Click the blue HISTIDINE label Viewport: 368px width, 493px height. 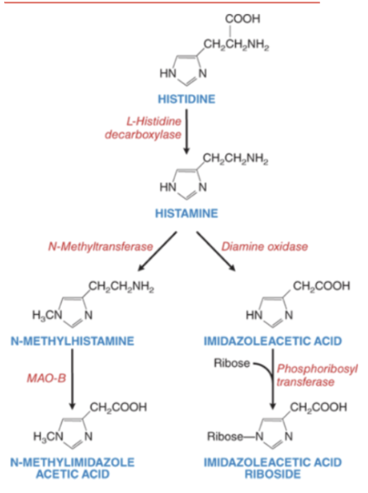186,99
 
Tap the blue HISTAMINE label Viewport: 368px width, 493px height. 186,214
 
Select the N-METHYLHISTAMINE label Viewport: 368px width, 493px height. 73,341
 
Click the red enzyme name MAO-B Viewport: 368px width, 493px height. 46,378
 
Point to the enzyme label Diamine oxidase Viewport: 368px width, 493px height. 264,246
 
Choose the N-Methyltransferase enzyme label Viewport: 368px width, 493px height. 101,246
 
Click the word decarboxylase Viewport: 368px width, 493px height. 144,134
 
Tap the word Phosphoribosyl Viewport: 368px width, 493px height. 317,369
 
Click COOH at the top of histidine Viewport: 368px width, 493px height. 243,19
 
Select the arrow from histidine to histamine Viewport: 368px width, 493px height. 186,131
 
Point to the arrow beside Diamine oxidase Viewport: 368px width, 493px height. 215,251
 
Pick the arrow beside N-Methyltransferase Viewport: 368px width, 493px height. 158,251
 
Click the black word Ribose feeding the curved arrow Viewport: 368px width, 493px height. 232,363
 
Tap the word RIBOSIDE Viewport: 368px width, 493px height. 272,474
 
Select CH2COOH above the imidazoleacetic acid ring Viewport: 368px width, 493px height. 322,286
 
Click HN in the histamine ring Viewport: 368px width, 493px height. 167,187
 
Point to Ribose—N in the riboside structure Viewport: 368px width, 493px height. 235,436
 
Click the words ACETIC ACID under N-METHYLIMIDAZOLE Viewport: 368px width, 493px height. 73,474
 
